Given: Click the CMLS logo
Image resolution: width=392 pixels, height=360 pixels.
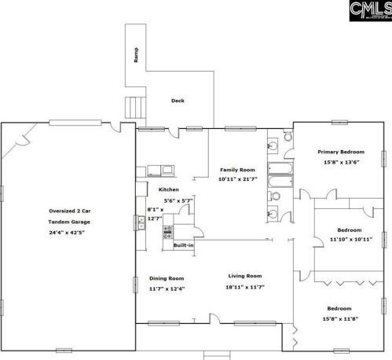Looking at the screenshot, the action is click(x=371, y=10).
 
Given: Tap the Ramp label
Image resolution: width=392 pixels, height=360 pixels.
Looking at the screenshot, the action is click(x=136, y=55).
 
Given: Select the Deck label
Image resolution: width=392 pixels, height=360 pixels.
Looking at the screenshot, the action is click(x=178, y=101).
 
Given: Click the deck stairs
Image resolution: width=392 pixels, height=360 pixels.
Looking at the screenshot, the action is click(x=135, y=108).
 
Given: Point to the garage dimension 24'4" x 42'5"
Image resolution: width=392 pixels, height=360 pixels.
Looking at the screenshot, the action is click(x=67, y=233).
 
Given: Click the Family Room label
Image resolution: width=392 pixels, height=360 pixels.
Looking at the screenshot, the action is click(x=237, y=170).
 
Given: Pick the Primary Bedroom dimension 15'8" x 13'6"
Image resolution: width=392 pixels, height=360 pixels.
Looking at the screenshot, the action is click(x=341, y=162).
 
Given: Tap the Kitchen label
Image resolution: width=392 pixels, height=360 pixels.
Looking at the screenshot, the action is click(x=169, y=189).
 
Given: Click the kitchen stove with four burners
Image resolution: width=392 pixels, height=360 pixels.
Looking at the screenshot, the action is click(x=168, y=232).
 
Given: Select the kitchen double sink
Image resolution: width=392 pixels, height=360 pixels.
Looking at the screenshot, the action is click(x=141, y=222).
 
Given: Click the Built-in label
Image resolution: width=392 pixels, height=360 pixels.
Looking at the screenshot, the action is click(x=184, y=245).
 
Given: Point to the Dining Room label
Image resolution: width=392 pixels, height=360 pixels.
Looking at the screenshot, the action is click(x=167, y=278).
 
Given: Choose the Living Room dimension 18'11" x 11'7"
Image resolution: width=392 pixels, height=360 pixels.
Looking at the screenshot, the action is click(x=245, y=287).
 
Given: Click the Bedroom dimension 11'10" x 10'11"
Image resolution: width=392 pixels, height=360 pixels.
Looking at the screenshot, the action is click(x=351, y=239).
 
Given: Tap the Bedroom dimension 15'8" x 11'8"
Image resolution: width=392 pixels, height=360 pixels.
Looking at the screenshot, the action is click(x=340, y=319).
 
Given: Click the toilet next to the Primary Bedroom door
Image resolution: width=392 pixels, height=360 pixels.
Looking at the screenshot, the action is click(x=288, y=137).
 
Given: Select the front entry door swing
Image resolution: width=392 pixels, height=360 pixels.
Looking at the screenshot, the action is click(x=214, y=318).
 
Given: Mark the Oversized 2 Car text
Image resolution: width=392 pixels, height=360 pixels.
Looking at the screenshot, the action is click(x=70, y=211).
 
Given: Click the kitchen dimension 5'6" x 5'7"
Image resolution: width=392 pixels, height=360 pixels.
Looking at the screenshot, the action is click(x=178, y=201).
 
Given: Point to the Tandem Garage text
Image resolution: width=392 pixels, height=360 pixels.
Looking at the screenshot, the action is click(x=69, y=222).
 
